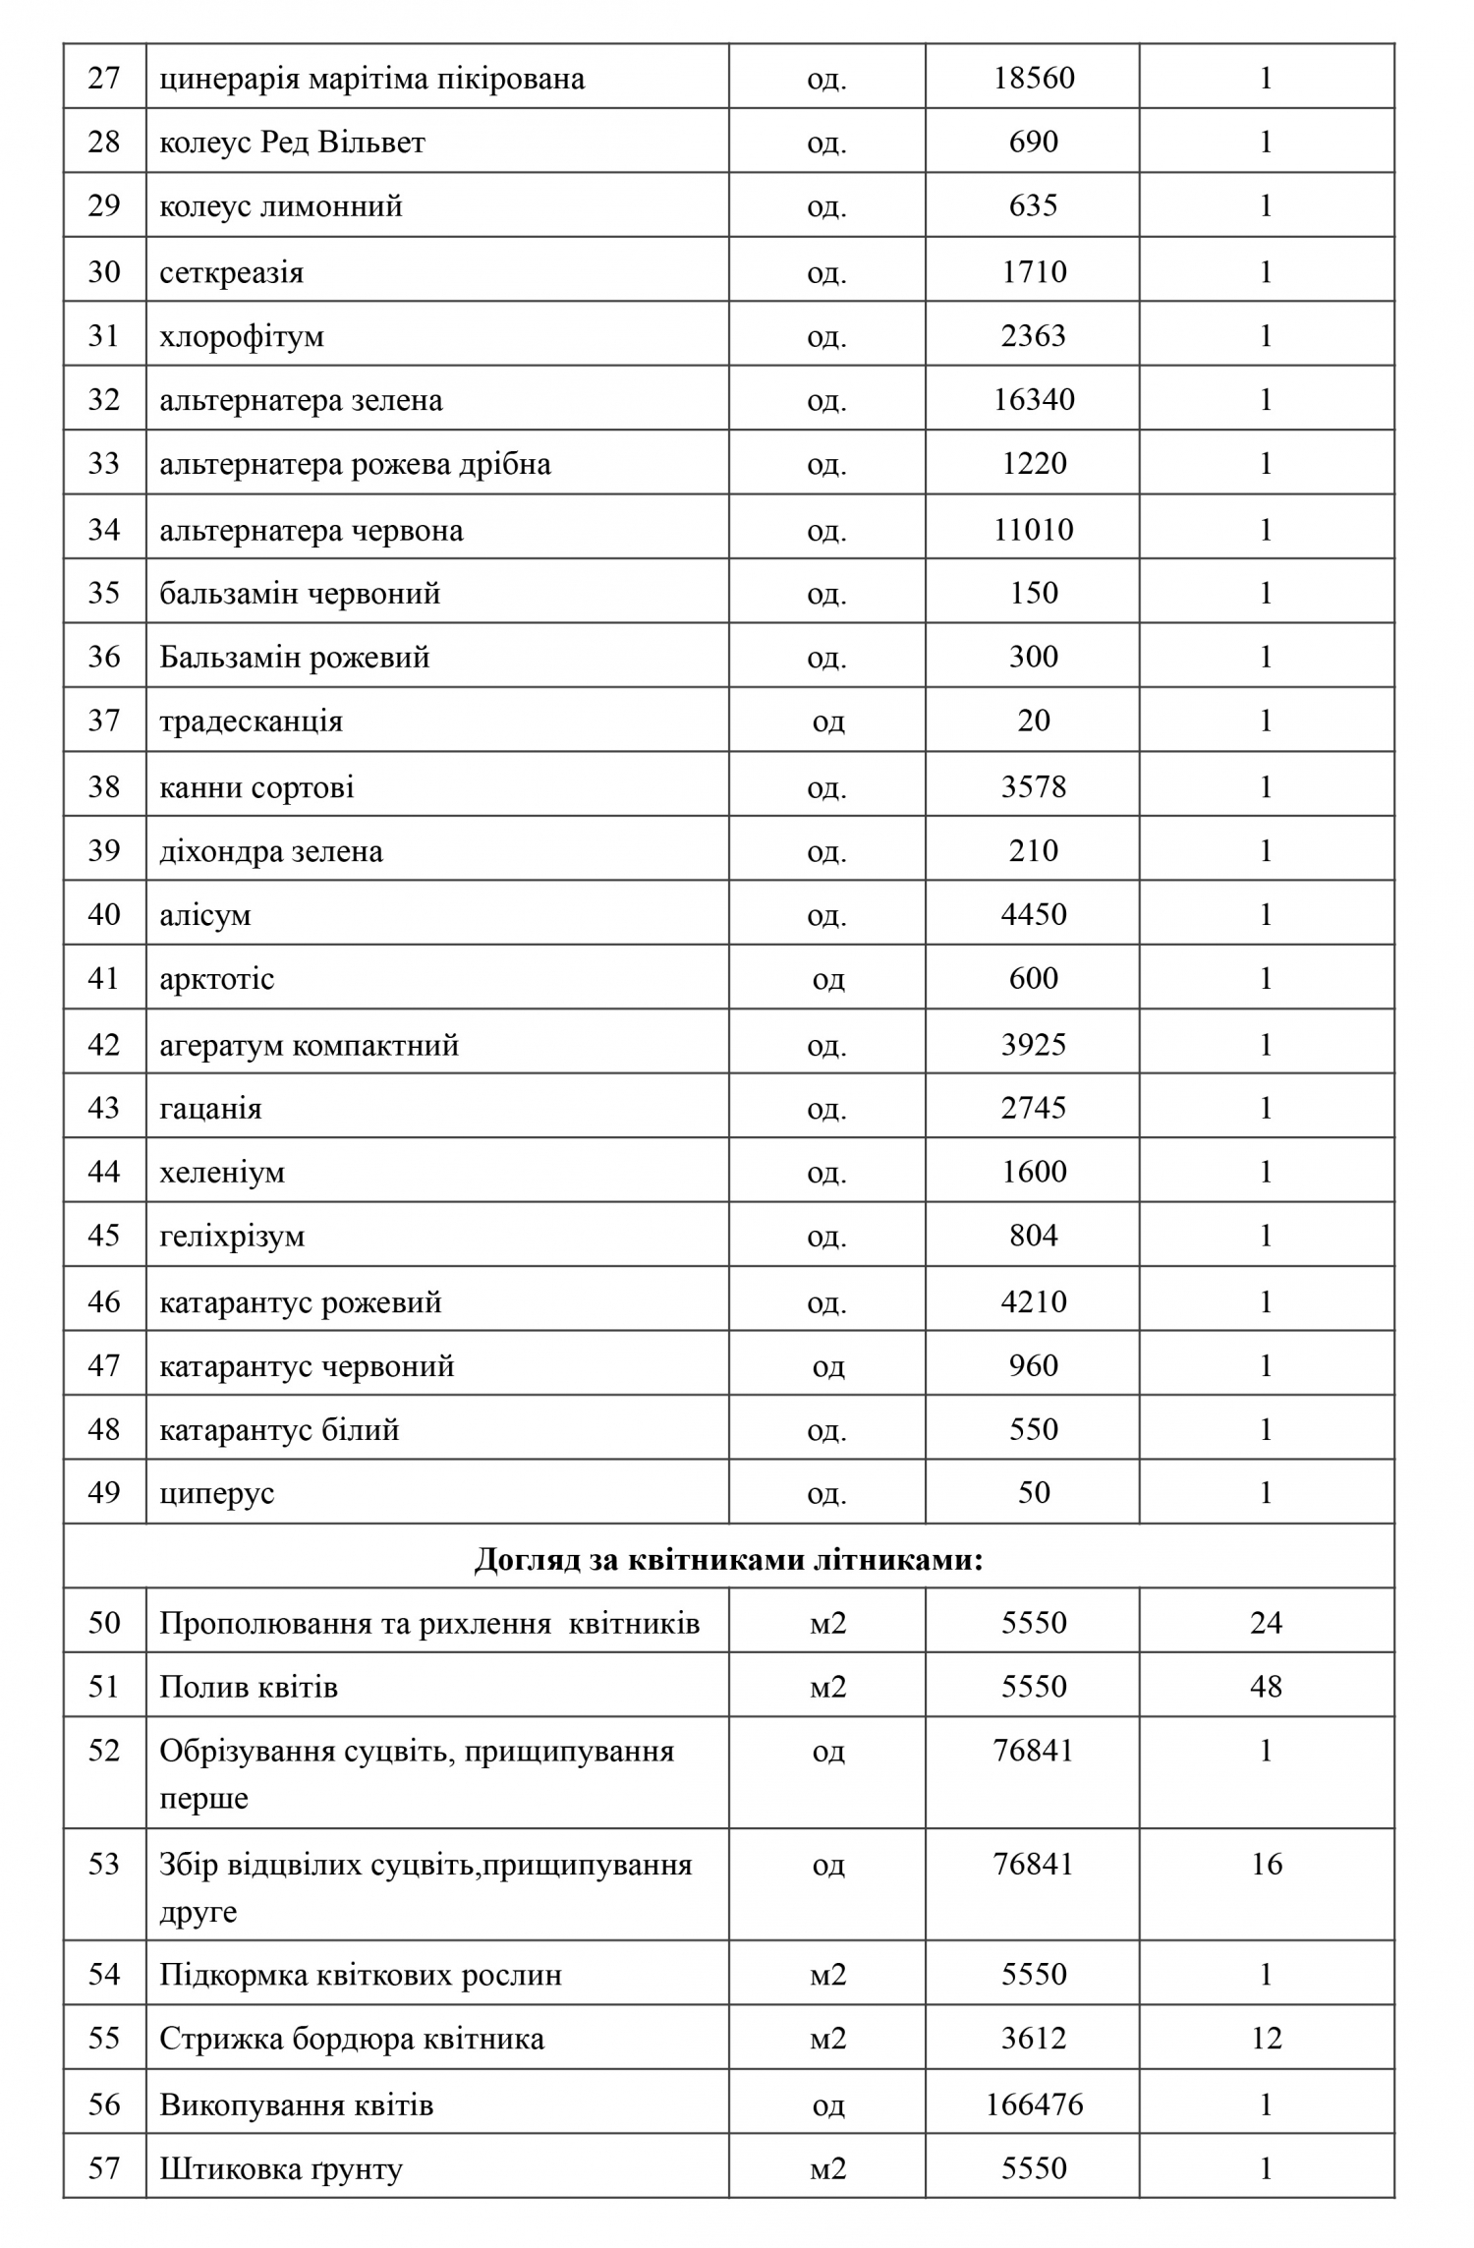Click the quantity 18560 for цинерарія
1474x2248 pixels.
(x=1034, y=78)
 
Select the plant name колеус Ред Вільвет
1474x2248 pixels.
(x=292, y=143)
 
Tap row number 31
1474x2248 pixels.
(x=104, y=336)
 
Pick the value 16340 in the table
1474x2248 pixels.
(x=1034, y=400)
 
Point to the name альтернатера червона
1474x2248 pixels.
(x=311, y=531)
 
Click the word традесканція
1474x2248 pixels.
(x=251, y=721)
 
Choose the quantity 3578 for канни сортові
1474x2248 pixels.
(x=1034, y=787)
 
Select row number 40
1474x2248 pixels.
(x=104, y=915)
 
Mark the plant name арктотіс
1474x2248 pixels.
(x=216, y=979)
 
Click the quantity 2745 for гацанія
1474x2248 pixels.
(x=1034, y=1109)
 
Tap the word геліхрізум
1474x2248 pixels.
(x=232, y=1237)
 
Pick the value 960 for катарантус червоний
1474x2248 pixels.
(x=1034, y=1366)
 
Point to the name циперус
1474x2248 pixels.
(x=216, y=1494)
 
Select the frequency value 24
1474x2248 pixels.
(x=1266, y=1623)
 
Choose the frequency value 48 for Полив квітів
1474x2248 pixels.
(x=1266, y=1688)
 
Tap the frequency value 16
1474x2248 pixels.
(x=1266, y=1865)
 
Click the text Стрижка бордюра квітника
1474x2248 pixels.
(x=351, y=2040)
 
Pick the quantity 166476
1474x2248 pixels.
(x=1034, y=2104)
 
